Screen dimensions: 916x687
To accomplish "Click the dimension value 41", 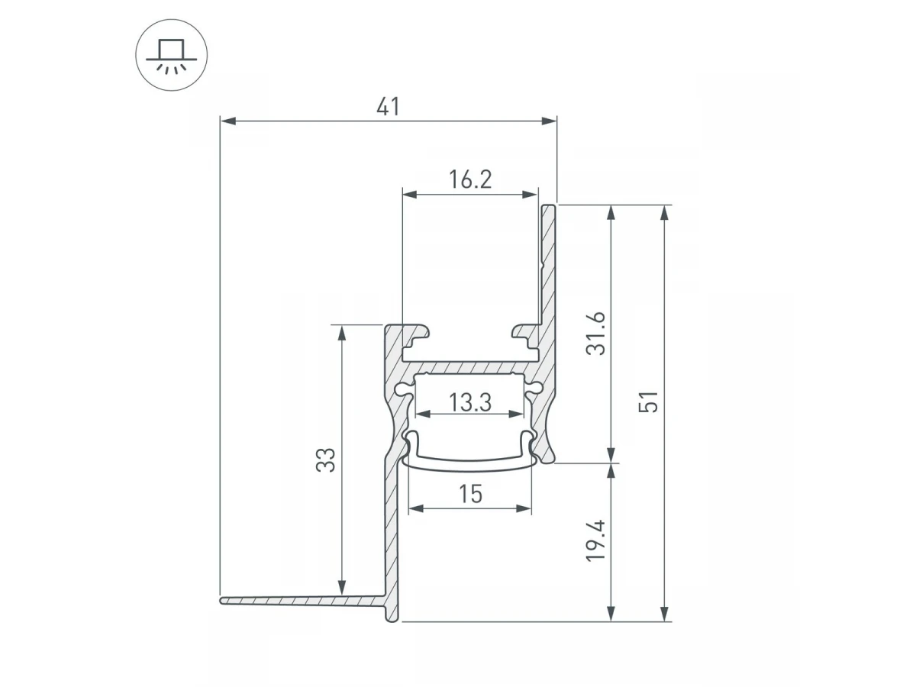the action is tap(388, 107).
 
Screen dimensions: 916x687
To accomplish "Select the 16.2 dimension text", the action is tap(470, 179).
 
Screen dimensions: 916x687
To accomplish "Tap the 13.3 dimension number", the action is tap(470, 402).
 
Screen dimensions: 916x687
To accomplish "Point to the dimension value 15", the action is tap(471, 495).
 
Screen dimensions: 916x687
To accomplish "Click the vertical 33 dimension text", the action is tap(325, 460).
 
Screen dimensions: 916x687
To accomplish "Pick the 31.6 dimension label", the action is tap(595, 334).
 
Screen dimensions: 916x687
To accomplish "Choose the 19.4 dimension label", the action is tap(595, 541).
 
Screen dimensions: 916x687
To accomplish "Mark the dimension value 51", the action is tap(649, 402).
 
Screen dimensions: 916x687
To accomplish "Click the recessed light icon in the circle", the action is tap(172, 56).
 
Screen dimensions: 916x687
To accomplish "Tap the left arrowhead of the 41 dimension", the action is tap(228, 121).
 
